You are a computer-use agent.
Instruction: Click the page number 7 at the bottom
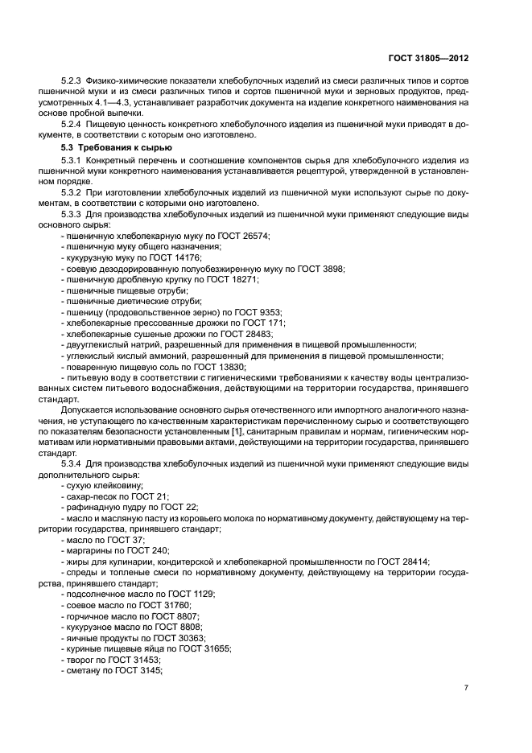(466, 688)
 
